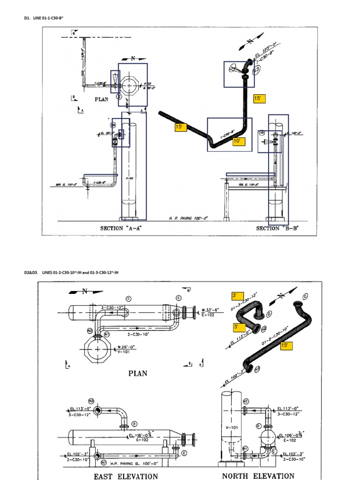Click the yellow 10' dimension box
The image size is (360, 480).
239,141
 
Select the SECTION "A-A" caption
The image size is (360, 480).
121,228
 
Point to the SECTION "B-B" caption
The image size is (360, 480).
277,228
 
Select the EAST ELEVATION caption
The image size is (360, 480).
126,476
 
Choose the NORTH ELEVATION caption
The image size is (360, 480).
258,476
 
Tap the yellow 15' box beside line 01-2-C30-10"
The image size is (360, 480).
286,345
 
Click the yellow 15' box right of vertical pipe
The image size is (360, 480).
259,98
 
